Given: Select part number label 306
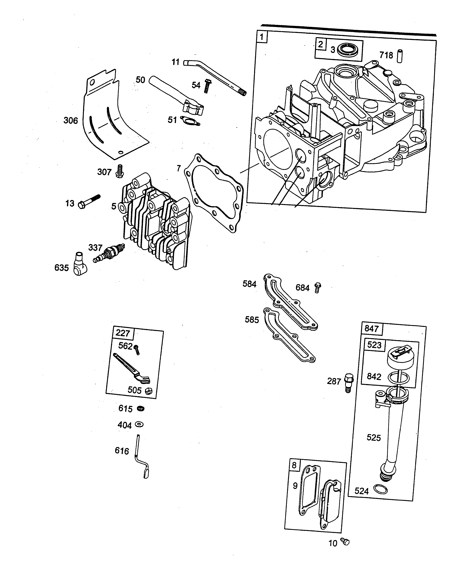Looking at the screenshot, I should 71,121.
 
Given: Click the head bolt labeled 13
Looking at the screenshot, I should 88,202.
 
